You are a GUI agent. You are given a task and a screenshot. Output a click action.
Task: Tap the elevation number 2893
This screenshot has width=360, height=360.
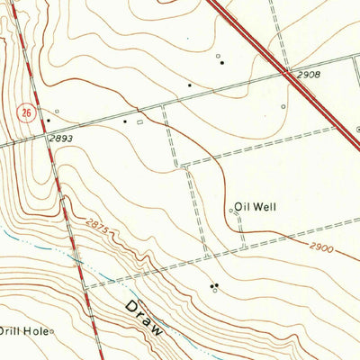point(62,139)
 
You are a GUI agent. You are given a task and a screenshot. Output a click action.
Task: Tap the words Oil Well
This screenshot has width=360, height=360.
point(256,207)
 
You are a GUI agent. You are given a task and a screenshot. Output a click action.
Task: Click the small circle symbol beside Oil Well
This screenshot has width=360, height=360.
point(231,211)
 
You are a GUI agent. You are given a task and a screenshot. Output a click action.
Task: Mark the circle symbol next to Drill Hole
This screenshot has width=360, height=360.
point(51,331)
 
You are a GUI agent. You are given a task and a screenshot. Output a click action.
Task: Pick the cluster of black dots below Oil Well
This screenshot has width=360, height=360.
point(214,286)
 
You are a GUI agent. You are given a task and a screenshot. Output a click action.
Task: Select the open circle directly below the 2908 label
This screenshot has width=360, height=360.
point(283,106)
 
